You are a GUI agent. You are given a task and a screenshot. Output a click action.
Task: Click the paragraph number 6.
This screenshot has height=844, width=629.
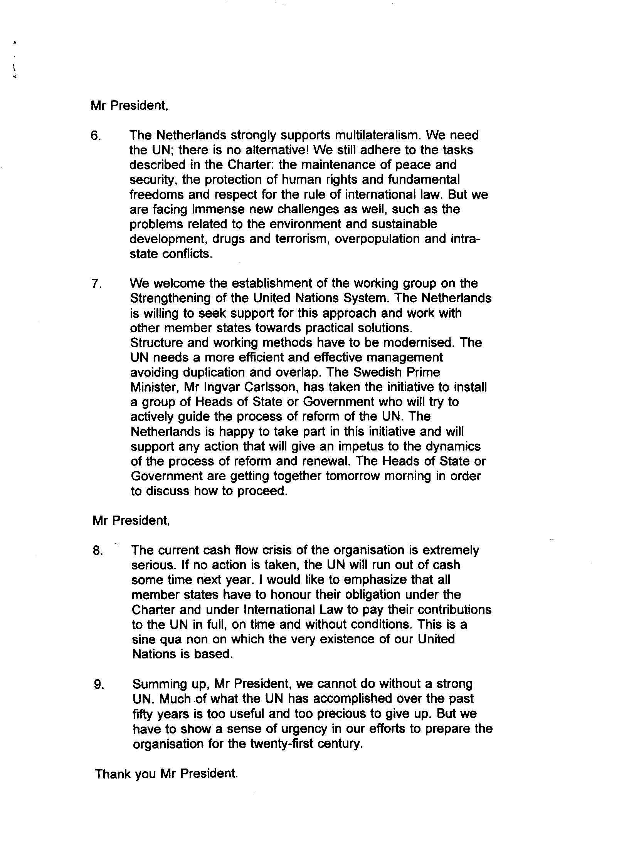[x=95, y=136]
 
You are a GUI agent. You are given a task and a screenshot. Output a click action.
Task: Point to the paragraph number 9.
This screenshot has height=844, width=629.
[x=99, y=685]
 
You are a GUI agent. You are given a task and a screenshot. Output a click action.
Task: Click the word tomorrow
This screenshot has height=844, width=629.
[x=353, y=476]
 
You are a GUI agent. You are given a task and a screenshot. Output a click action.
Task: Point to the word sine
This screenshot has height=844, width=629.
[x=143, y=640]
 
